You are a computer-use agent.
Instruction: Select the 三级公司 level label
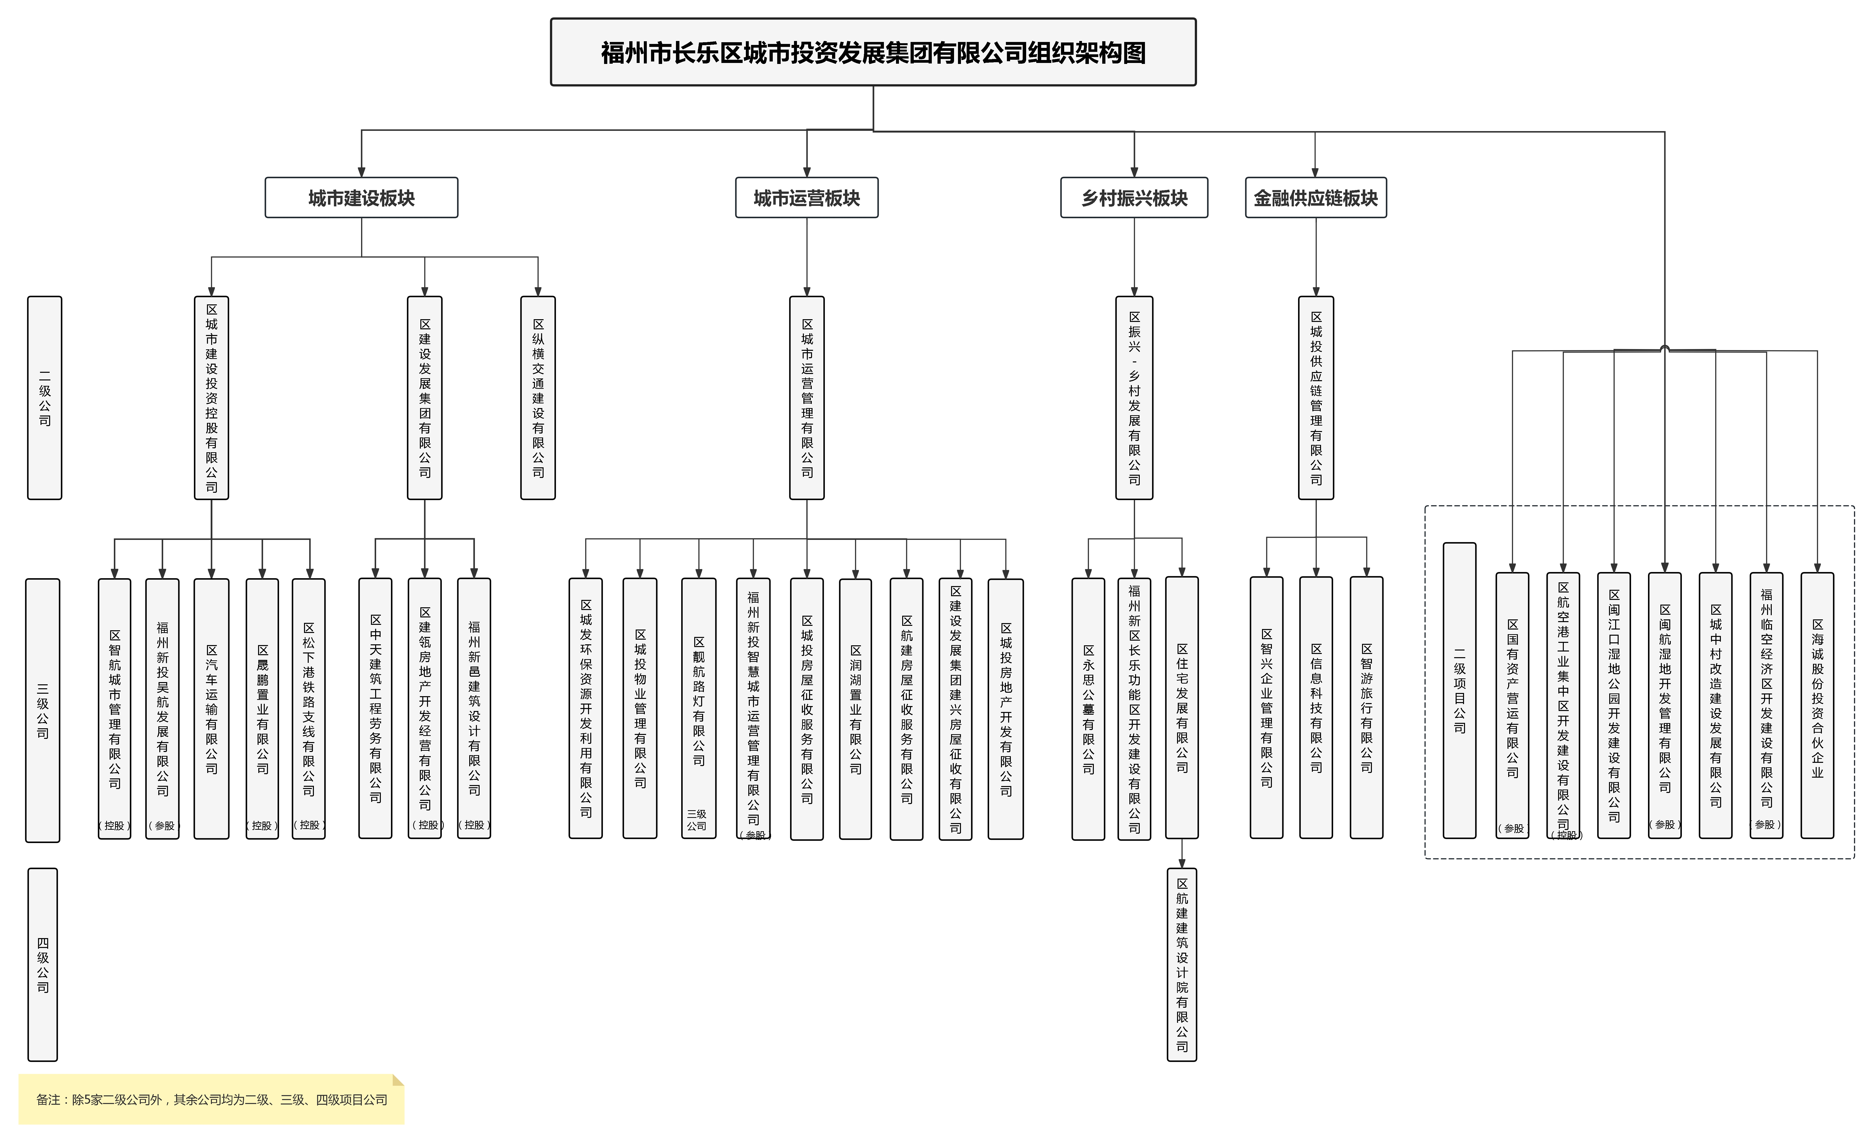tap(42, 710)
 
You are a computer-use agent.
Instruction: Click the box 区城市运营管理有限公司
tap(807, 397)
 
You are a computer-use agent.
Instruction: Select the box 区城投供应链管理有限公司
tap(1316, 397)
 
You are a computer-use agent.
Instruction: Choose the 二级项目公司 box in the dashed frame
tap(1460, 690)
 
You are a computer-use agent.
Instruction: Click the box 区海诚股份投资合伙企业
tap(1817, 705)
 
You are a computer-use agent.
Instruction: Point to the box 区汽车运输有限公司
tap(211, 708)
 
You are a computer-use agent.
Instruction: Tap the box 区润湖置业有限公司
tap(855, 708)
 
